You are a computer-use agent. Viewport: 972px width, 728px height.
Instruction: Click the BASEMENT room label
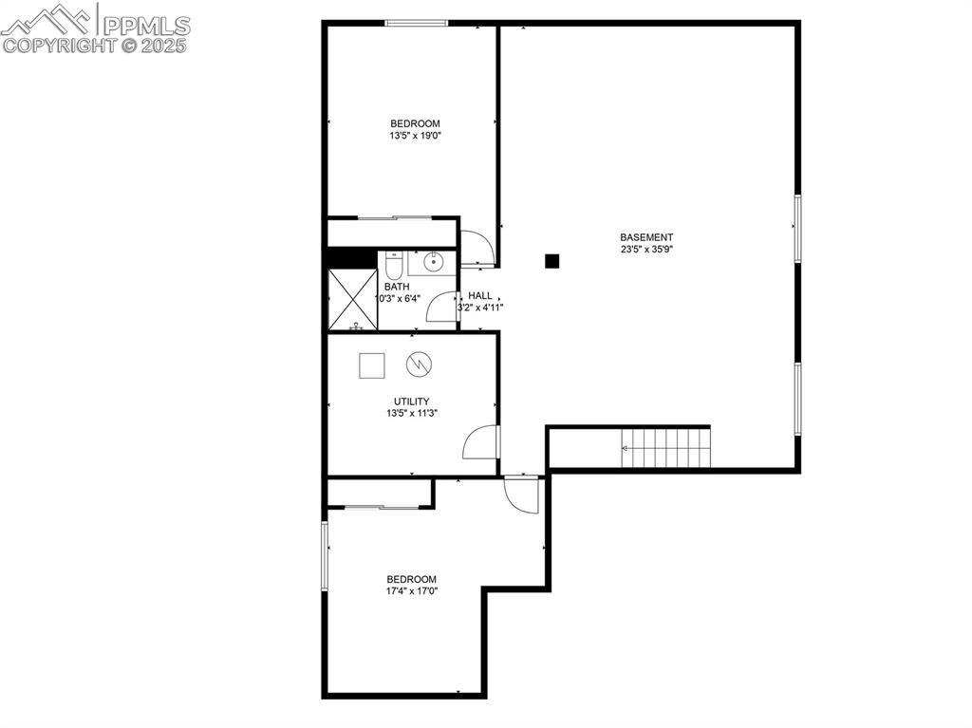tap(646, 237)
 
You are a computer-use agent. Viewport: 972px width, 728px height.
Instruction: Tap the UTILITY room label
tap(412, 401)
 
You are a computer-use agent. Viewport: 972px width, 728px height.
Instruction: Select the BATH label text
tap(397, 287)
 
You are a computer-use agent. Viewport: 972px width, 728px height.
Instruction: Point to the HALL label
tap(479, 295)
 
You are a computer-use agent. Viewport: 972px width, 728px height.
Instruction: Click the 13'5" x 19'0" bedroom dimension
tap(415, 136)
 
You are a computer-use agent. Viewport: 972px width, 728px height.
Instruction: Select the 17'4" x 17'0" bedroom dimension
tap(411, 590)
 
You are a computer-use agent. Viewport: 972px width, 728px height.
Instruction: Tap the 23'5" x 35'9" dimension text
tap(646, 250)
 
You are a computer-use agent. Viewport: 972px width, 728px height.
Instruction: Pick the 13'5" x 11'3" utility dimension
tap(412, 413)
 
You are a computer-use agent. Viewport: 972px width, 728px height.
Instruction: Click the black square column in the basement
tap(552, 260)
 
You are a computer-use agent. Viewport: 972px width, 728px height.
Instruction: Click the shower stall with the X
tap(352, 299)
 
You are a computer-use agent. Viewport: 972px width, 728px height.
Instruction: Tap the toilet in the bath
tap(394, 261)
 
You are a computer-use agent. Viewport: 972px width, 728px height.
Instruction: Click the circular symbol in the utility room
tap(419, 364)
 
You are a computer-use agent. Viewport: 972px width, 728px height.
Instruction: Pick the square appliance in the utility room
tap(371, 365)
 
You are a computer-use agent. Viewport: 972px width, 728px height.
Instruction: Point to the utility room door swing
tap(482, 443)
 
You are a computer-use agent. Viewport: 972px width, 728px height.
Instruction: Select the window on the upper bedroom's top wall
tap(416, 23)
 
